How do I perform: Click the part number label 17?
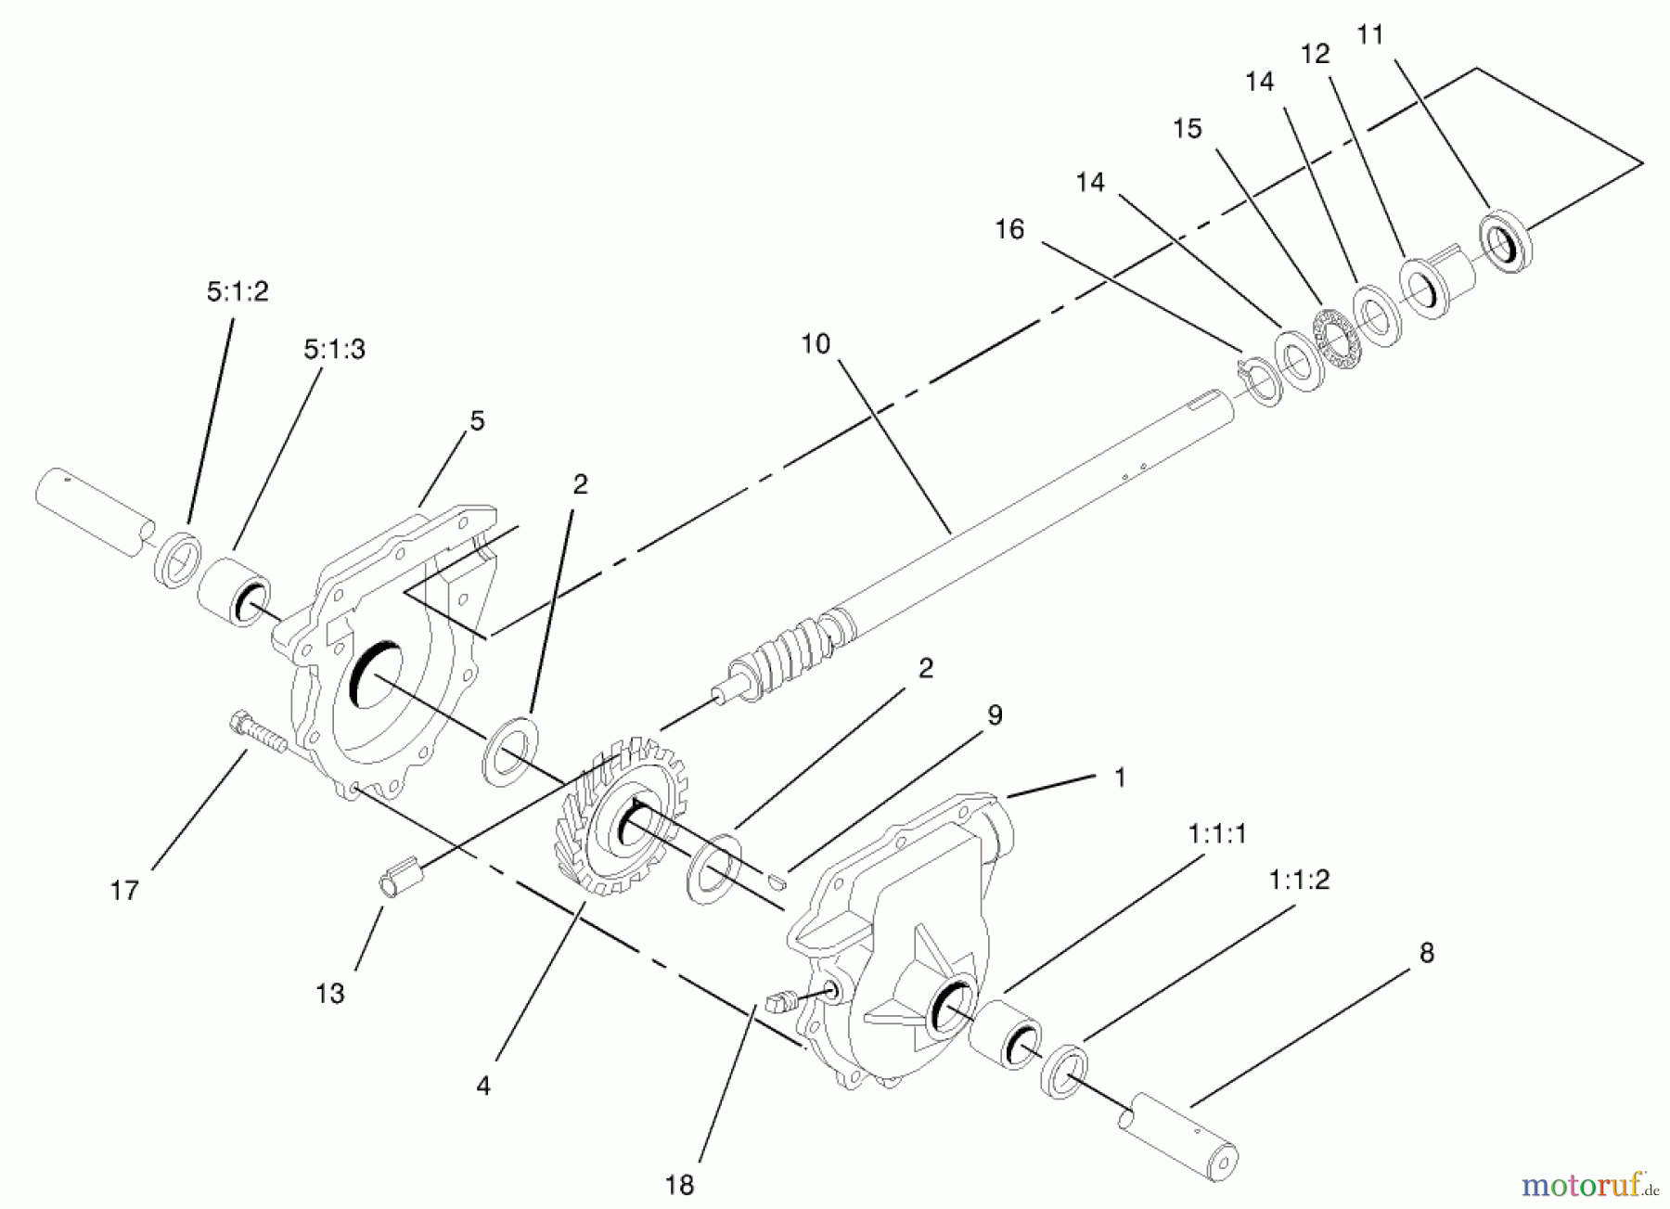[124, 891]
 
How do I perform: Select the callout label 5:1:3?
[334, 350]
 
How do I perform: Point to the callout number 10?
[816, 344]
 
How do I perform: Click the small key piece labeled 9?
[777, 879]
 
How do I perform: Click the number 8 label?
[1427, 952]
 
